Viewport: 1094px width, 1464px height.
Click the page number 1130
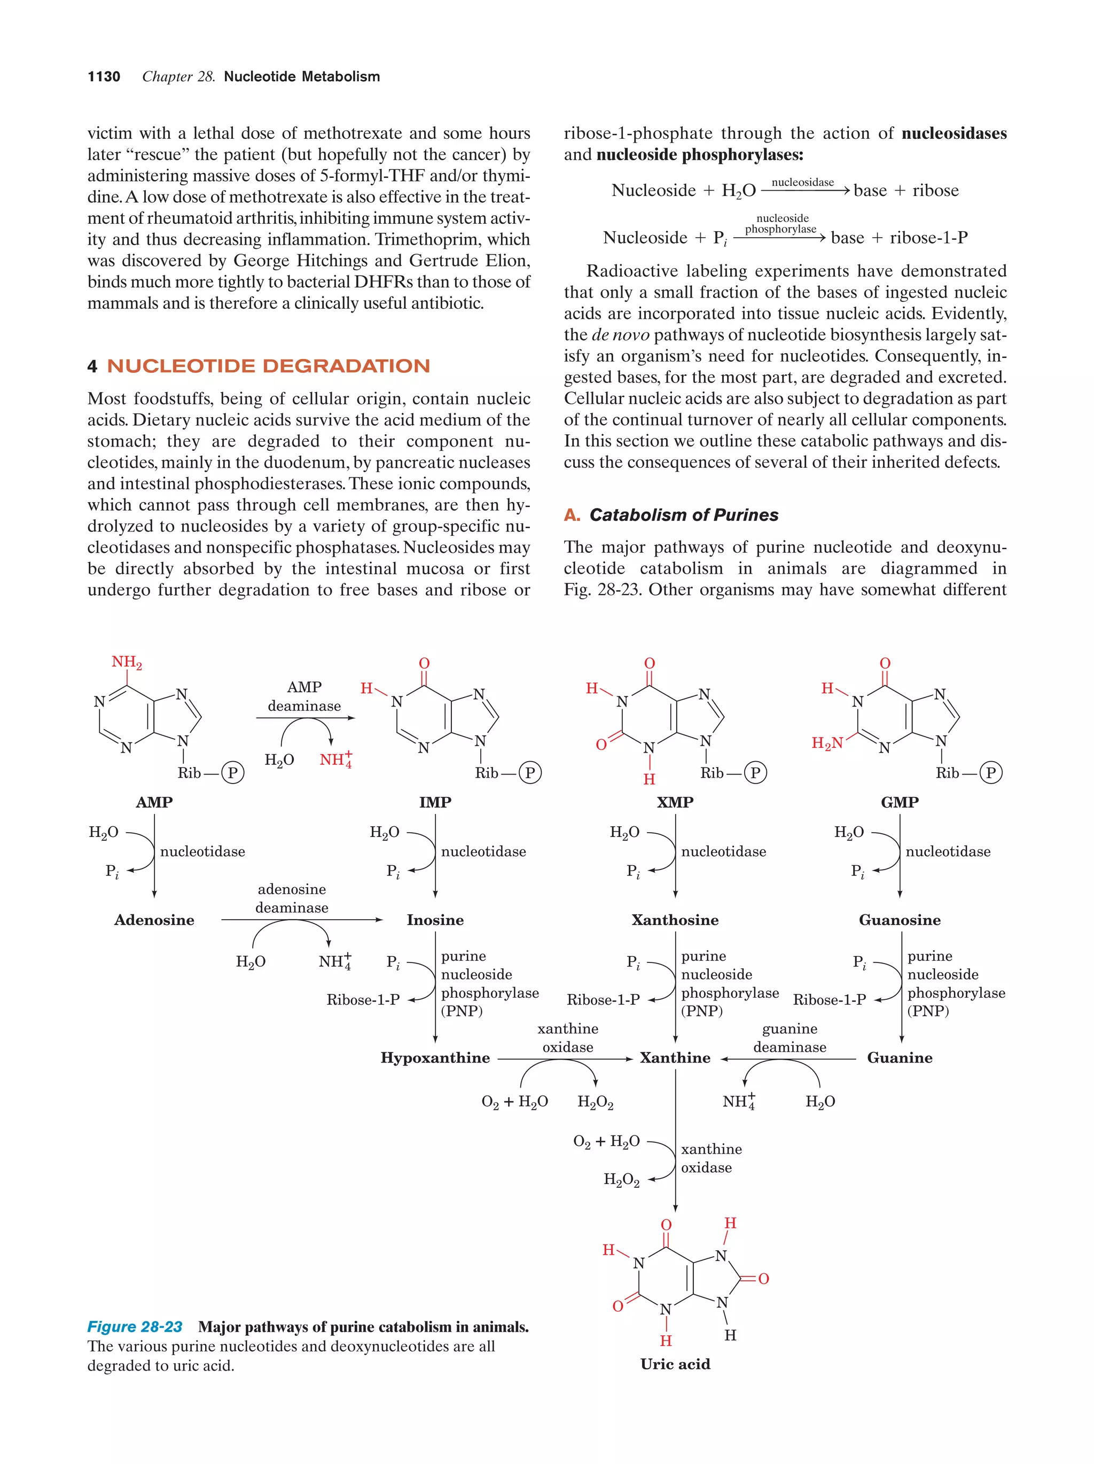[104, 77]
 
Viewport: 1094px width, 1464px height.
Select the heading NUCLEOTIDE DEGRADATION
[268, 366]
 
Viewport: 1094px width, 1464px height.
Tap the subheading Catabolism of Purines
[684, 515]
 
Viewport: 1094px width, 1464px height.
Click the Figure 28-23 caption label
[135, 1327]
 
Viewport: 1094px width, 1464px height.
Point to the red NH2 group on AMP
[127, 662]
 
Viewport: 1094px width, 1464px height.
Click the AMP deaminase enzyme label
[304, 696]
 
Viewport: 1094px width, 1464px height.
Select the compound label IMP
[435, 802]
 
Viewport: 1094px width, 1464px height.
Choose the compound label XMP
[675, 802]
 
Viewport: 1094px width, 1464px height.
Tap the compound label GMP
[900, 802]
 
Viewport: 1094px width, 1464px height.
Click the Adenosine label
[154, 920]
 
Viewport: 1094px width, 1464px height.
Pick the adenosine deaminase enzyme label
[292, 898]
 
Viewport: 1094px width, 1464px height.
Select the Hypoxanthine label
[435, 1058]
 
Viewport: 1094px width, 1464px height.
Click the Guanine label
[900, 1058]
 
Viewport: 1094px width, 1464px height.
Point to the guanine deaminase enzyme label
[790, 1038]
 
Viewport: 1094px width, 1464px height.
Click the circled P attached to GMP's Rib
[991, 773]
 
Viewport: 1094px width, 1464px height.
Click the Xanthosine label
[675, 920]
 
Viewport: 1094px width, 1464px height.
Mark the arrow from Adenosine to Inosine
[302, 920]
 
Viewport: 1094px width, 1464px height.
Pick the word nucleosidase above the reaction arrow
[802, 182]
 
